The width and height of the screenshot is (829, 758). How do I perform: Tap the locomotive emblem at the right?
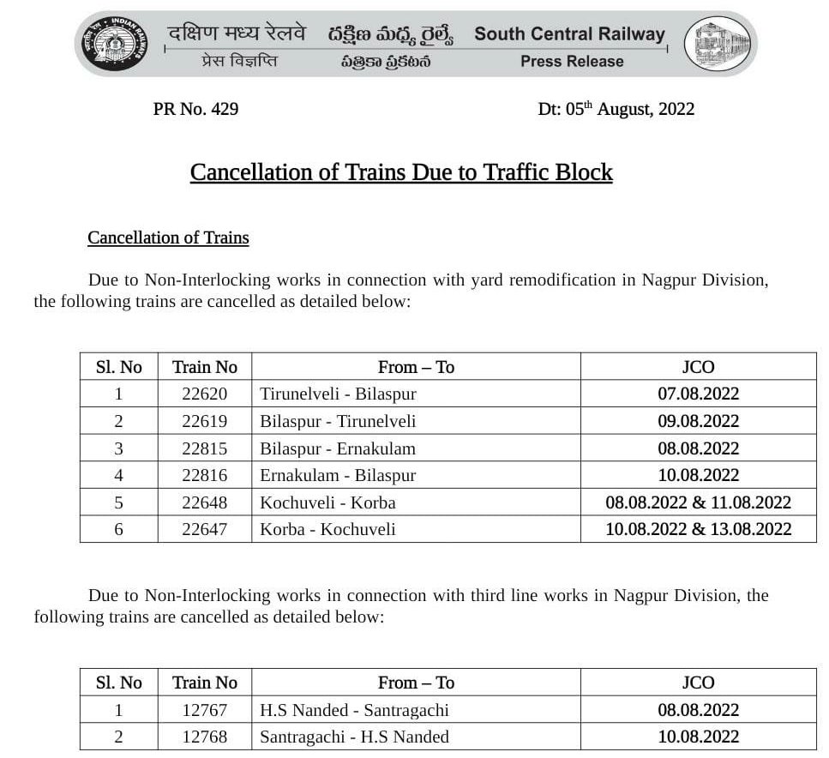721,45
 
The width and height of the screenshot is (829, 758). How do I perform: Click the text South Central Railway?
569,34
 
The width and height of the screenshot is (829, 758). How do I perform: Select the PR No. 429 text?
195,109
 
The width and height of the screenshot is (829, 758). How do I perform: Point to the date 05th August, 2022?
616,109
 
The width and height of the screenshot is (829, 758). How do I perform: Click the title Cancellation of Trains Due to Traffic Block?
401,172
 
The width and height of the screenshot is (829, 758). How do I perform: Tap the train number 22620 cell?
204,394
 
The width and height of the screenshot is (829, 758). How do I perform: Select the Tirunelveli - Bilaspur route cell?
338,394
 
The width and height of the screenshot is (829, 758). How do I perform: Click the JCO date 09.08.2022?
698,421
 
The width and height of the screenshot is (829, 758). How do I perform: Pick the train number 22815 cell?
204,448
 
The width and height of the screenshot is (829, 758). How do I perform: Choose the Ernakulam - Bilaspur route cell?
338,475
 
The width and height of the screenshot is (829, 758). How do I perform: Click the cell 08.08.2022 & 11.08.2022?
698,502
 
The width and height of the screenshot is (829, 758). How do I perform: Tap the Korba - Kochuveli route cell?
327,529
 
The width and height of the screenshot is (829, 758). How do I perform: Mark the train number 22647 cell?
204,529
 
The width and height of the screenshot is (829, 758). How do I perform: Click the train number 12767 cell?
204,710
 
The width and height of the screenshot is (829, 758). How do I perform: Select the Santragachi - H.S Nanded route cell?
354,737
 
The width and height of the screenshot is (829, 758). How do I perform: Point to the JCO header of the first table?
698,367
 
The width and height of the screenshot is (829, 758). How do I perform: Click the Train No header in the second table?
204,683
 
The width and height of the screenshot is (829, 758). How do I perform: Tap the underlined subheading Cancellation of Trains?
168,238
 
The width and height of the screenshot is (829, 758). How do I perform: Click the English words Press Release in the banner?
572,62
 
